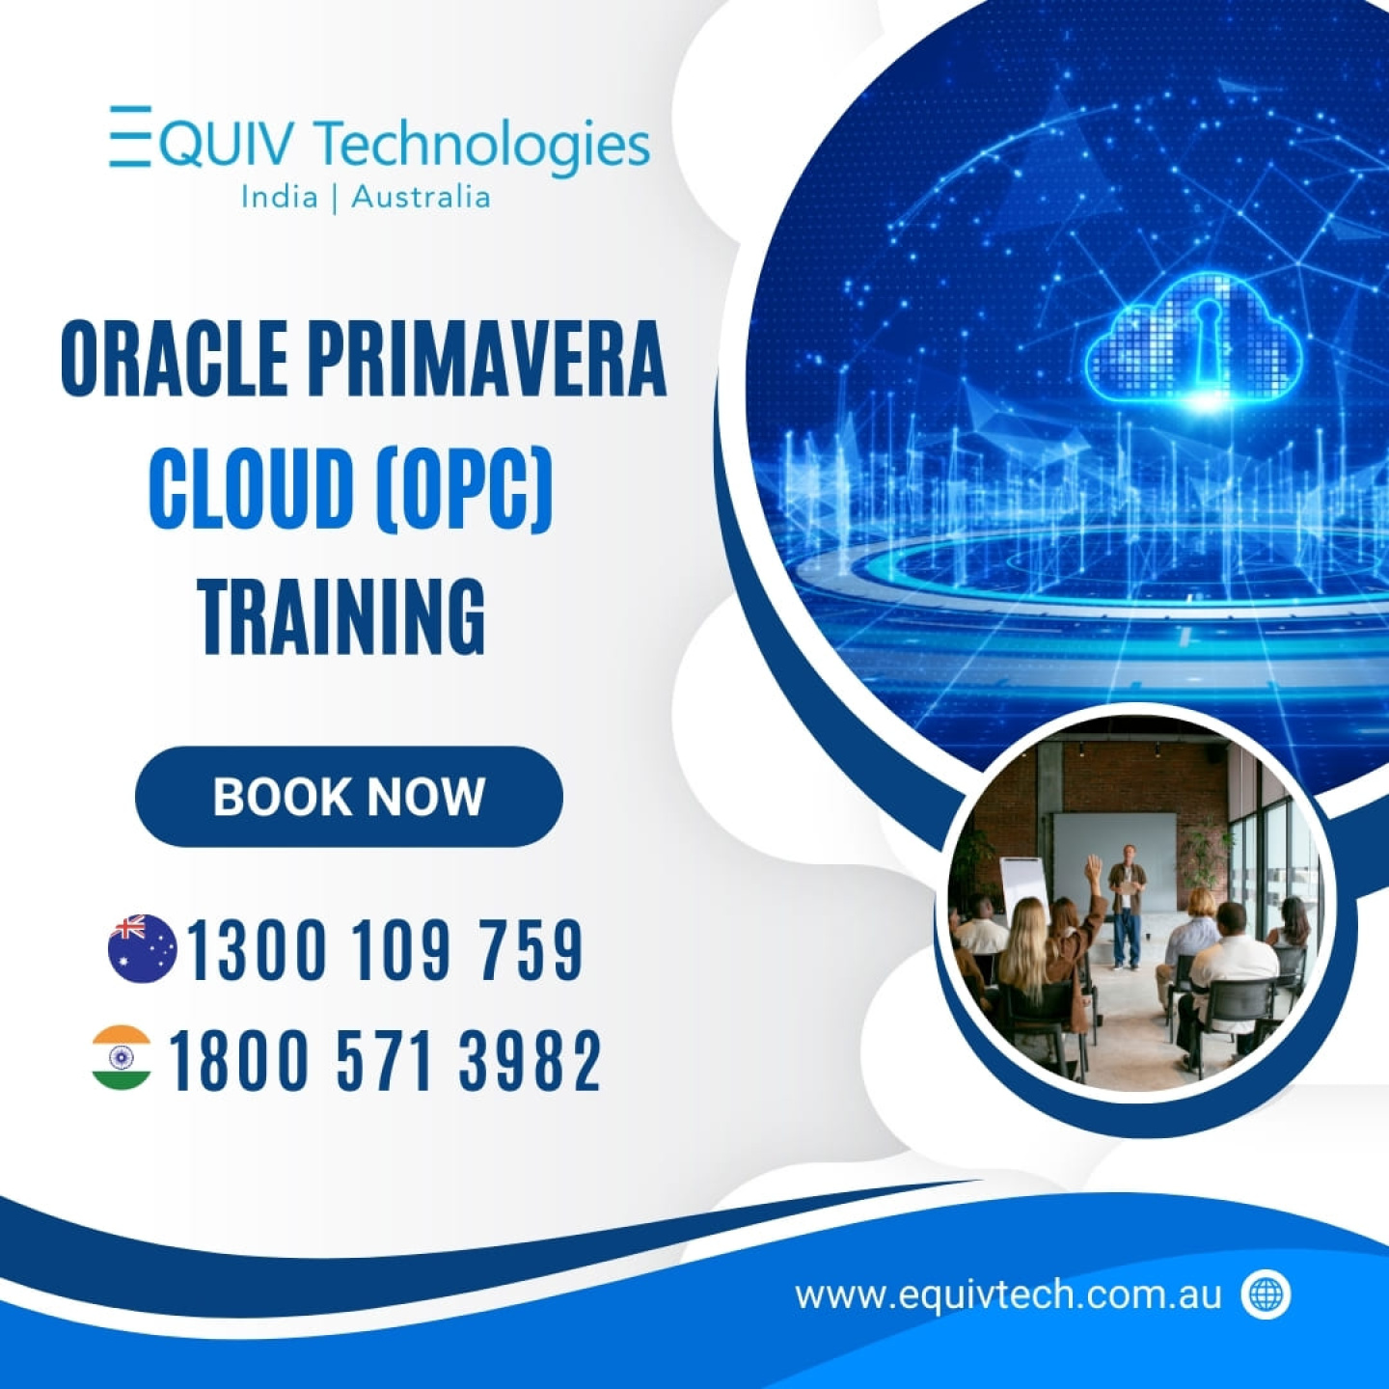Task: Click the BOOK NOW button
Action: point(349,796)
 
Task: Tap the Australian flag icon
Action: point(142,948)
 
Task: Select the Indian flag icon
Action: point(122,1057)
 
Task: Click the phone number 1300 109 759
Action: point(385,949)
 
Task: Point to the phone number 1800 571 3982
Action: point(384,1059)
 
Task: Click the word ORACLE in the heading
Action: point(174,359)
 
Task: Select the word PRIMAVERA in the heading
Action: point(488,359)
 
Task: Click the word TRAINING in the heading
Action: point(342,617)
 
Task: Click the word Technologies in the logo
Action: point(483,144)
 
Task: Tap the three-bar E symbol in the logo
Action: point(130,136)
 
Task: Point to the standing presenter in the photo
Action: point(1126,906)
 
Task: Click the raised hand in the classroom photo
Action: point(1095,867)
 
